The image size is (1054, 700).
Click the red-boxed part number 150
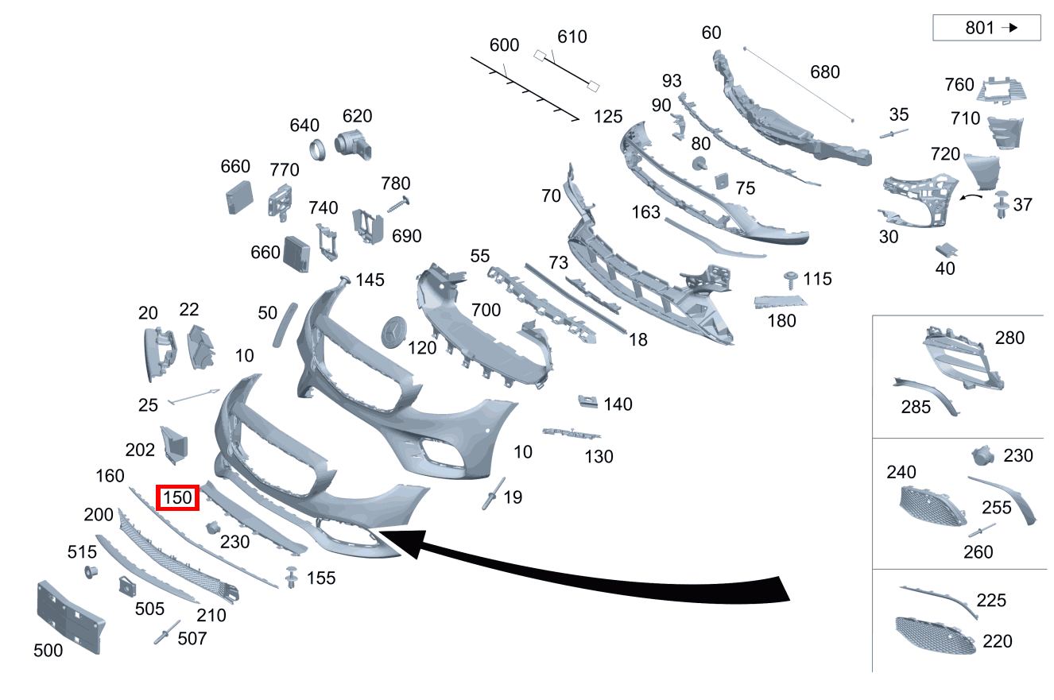pos(177,497)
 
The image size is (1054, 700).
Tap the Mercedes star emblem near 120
pos(393,332)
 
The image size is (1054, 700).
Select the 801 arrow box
pos(986,28)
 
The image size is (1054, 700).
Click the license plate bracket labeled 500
pos(70,617)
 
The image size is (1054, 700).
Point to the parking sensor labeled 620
pos(353,145)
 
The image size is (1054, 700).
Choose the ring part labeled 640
pos(318,150)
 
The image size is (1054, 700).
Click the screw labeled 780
pos(398,205)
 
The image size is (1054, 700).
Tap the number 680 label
pos(825,72)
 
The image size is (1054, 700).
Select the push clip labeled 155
pos(292,577)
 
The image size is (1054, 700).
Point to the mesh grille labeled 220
pos(935,636)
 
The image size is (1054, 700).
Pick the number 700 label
pos(486,310)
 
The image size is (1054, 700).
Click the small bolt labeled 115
pos(790,280)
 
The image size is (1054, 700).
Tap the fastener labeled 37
pos(1002,204)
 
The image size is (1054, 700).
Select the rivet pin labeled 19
pos(493,493)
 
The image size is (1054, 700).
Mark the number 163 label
pos(646,212)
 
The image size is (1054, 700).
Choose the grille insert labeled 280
pos(963,358)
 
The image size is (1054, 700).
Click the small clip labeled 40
pos(946,249)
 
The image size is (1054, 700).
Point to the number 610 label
pos(572,37)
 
